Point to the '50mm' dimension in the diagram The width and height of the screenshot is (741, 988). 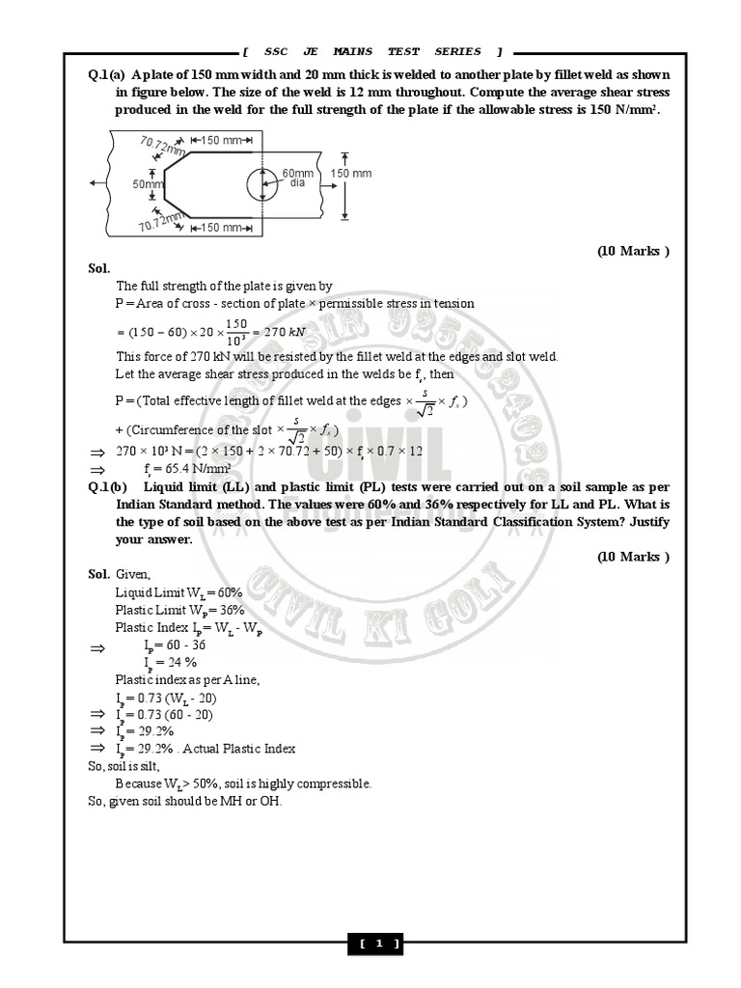[x=145, y=183]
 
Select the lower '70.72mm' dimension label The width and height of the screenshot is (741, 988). [x=160, y=221]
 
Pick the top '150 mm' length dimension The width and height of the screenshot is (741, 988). [x=221, y=141]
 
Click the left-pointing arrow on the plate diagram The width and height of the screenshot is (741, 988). [x=93, y=182]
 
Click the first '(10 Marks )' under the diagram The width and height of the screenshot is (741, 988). [x=633, y=251]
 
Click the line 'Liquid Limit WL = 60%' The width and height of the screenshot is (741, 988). [x=179, y=592]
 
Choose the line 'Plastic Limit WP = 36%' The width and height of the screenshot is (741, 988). [x=179, y=610]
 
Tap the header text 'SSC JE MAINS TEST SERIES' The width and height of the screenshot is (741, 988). [x=371, y=52]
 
